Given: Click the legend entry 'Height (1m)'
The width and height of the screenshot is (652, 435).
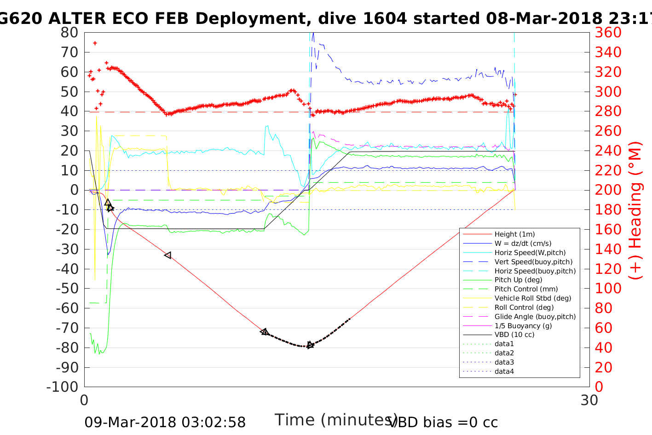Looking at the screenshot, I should tap(514, 234).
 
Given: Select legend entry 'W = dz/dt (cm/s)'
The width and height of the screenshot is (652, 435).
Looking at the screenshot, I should tap(523, 244).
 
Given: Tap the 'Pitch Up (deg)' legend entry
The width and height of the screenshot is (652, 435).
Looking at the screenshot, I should tap(518, 280).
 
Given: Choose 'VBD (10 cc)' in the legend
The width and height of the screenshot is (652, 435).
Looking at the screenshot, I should tap(514, 335).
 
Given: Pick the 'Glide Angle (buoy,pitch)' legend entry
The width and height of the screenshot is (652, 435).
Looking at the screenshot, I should tap(535, 317).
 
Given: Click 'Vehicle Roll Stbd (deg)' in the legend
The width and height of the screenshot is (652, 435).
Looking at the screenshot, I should tap(533, 298).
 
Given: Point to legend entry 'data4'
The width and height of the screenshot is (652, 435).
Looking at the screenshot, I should tap(504, 371).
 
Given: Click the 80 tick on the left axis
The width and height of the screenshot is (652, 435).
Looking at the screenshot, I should tap(69, 33).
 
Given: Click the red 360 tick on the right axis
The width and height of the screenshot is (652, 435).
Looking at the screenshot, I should tap(608, 33).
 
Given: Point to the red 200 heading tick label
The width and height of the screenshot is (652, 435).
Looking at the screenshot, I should tap(608, 190).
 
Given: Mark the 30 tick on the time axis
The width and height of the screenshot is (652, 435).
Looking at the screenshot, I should tap(589, 400).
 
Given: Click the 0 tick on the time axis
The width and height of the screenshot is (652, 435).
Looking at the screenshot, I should tap(85, 400).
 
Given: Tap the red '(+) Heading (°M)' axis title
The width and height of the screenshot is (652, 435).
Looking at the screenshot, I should tap(635, 210).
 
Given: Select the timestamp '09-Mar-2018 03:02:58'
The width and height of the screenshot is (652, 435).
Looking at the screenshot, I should tap(165, 423).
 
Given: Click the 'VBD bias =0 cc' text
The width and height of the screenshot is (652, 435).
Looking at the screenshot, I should tap(444, 423).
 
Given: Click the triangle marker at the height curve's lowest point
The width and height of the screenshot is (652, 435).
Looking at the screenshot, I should tap(310, 345).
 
